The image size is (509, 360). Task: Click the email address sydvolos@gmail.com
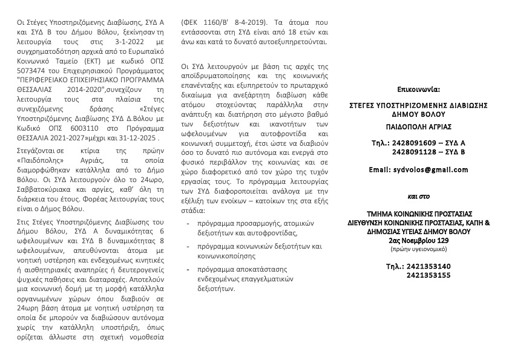pos(431,169)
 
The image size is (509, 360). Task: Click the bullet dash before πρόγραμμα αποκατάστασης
pos(188,268)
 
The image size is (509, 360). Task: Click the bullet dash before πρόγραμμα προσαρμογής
pos(188,223)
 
